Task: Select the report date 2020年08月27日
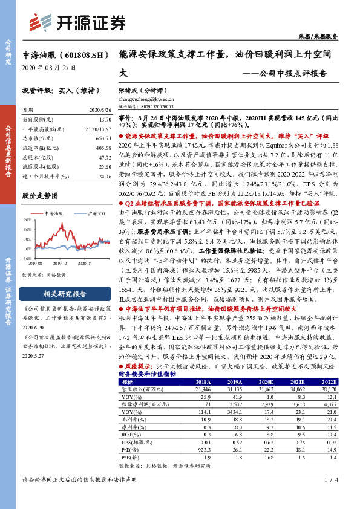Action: pos(49,68)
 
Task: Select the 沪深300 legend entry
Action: pos(91,214)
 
